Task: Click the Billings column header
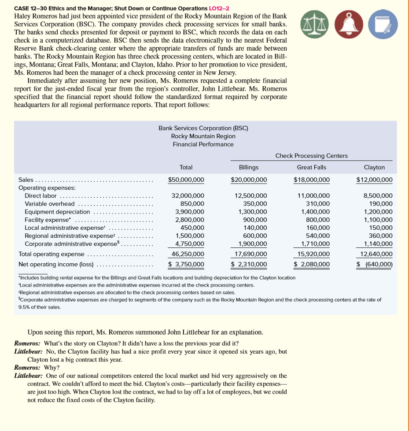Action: (249, 167)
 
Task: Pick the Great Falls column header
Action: (311, 167)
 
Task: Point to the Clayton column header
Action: (374, 167)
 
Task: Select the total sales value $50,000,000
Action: (186, 180)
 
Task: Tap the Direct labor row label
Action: (41, 195)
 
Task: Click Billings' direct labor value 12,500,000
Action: (251, 195)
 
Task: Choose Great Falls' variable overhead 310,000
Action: (317, 203)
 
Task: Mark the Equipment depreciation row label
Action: (52, 212)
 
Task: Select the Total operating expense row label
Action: (51, 254)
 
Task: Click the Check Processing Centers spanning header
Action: (311, 155)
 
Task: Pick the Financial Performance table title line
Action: (203, 144)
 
